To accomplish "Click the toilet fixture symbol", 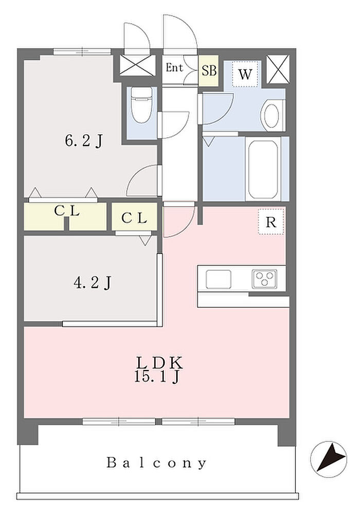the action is click(x=141, y=104).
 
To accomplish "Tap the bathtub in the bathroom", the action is click(x=263, y=170).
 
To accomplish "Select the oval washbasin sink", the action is click(x=272, y=115).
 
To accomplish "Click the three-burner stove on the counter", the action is click(x=264, y=279).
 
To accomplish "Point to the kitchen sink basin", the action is click(x=219, y=279).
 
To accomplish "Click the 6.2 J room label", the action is click(x=84, y=141).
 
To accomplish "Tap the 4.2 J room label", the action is click(x=93, y=282).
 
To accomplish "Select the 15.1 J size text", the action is click(x=157, y=377).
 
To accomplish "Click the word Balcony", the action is click(x=157, y=463).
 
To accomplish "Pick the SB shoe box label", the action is click(x=209, y=70).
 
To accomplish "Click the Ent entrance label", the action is click(x=174, y=68).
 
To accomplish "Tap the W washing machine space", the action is click(x=245, y=74).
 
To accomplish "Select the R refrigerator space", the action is click(x=271, y=222).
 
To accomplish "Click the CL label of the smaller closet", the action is click(x=134, y=217).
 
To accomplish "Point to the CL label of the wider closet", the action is click(x=67, y=211).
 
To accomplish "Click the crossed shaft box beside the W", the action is click(x=278, y=69).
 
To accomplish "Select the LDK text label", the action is click(x=159, y=363).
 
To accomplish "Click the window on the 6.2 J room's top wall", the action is click(x=82, y=51).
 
